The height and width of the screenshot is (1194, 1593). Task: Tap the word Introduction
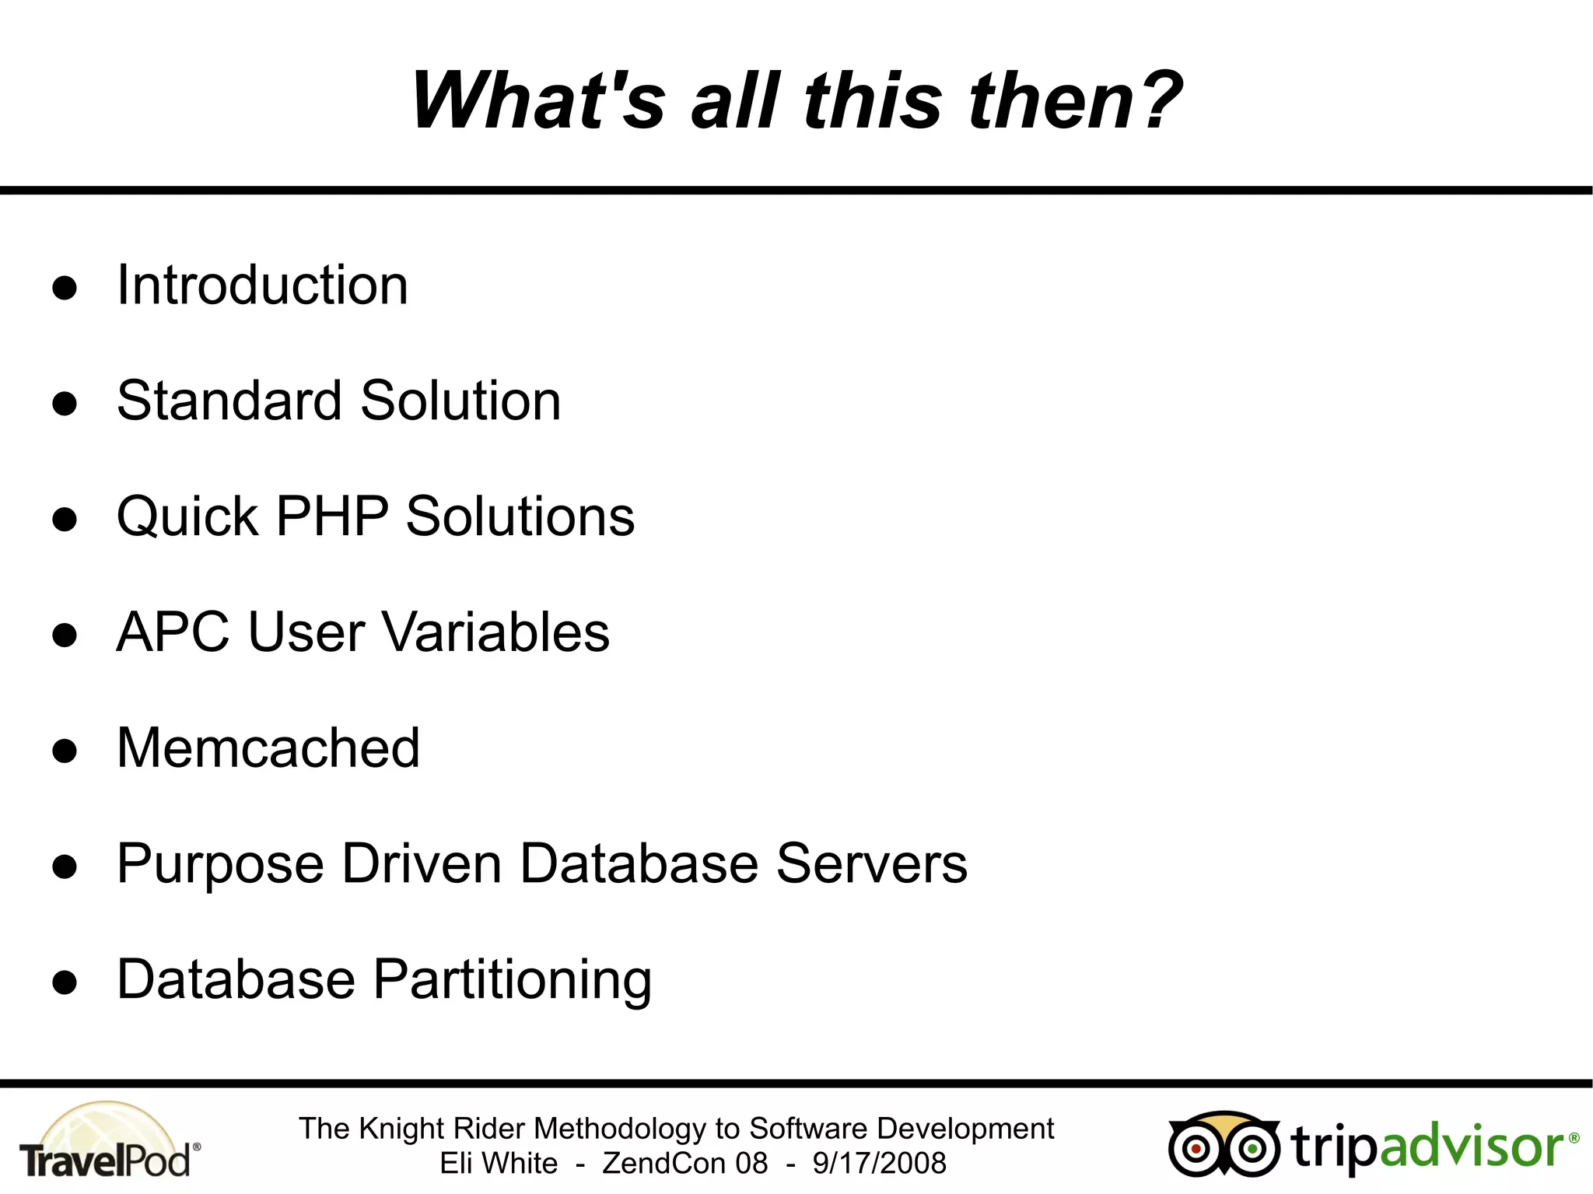click(262, 285)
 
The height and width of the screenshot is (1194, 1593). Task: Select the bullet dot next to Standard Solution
click(65, 403)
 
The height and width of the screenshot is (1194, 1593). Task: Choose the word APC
click(173, 632)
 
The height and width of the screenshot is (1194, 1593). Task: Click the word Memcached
click(268, 748)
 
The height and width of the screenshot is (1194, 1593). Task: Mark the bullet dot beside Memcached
click(65, 751)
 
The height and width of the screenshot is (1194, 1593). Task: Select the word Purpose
click(220, 865)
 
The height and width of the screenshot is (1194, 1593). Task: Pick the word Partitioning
click(513, 980)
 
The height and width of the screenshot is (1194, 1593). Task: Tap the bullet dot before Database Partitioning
click(65, 982)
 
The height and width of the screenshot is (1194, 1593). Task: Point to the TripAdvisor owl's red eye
click(1196, 1148)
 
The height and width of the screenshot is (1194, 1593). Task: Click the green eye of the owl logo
click(1252, 1148)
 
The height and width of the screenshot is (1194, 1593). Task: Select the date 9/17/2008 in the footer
click(879, 1164)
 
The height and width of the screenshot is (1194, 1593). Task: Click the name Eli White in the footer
click(499, 1164)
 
